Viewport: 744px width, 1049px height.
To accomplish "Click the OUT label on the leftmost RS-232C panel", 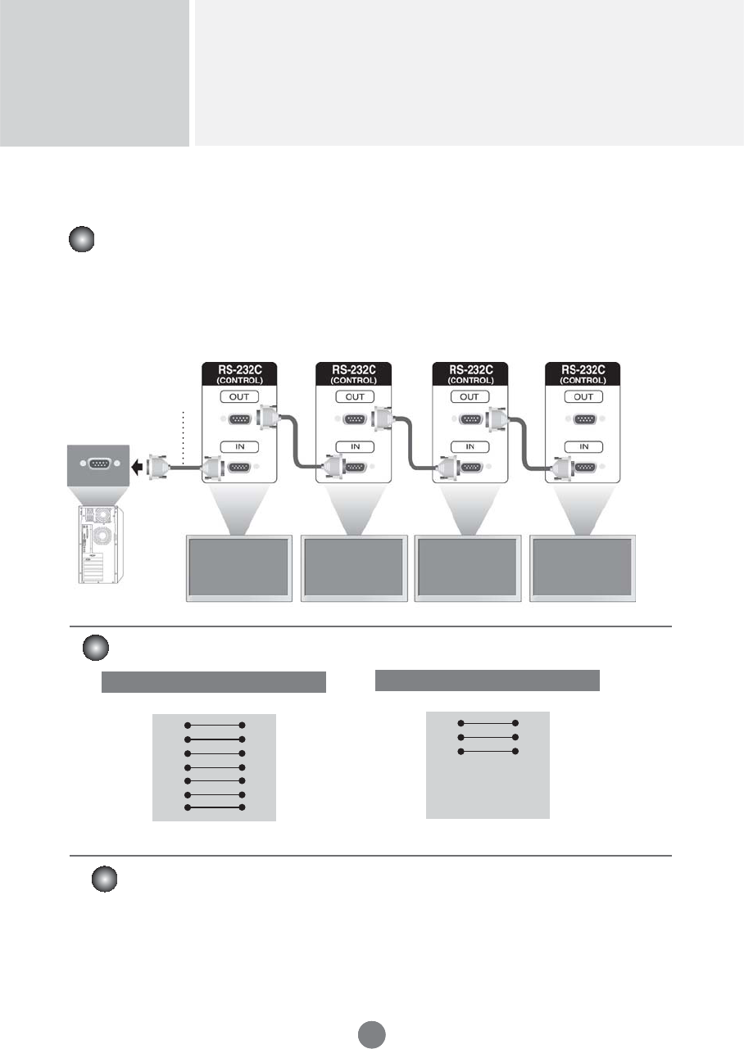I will (x=240, y=396).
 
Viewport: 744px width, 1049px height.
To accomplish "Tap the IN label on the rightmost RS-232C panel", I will (x=584, y=446).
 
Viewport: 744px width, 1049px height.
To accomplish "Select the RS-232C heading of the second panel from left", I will (x=355, y=369).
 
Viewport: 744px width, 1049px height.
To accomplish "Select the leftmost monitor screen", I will (x=239, y=567).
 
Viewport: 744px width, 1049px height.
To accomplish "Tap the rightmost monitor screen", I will (x=583, y=567).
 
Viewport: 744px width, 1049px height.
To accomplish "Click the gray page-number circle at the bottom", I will (x=371, y=1034).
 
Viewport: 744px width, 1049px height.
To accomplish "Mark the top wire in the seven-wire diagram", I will (x=215, y=725).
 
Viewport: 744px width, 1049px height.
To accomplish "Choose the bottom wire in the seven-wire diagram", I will (x=215, y=807).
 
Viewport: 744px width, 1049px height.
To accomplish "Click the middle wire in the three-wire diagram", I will (x=488, y=737).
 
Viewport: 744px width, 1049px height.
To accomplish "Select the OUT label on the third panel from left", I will (x=470, y=396).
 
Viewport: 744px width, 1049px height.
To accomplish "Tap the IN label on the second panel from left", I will (x=355, y=446).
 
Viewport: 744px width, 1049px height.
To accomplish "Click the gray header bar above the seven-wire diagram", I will (x=214, y=682).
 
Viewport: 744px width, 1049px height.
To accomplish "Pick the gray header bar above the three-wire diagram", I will (x=488, y=680).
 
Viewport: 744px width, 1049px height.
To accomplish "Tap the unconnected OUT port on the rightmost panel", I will (x=584, y=420).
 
